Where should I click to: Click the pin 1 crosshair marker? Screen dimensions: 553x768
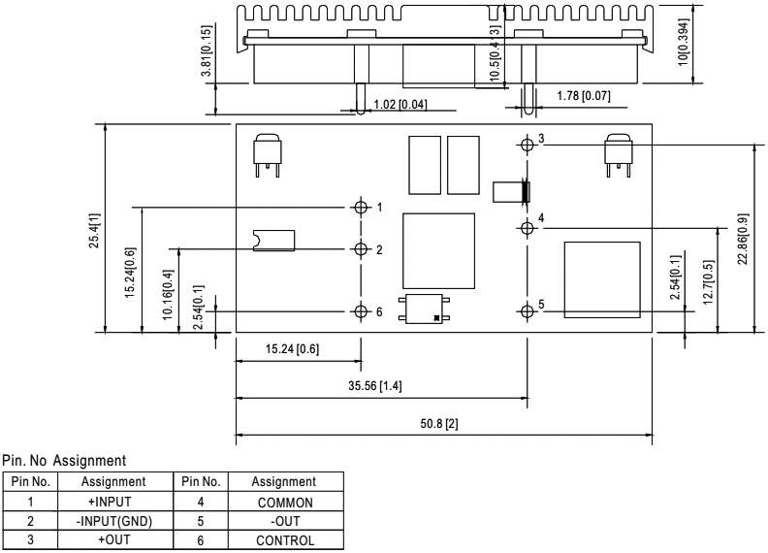(x=361, y=208)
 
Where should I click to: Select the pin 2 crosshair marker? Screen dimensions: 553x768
(x=361, y=248)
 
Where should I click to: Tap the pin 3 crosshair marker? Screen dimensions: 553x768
(x=527, y=144)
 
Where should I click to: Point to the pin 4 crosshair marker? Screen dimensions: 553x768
(x=527, y=228)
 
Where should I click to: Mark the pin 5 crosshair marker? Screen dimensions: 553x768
(x=527, y=311)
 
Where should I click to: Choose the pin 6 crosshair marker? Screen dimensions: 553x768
(x=361, y=311)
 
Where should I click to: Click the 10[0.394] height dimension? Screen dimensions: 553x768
(x=684, y=43)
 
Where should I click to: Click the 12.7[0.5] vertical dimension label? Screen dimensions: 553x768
(x=711, y=279)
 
